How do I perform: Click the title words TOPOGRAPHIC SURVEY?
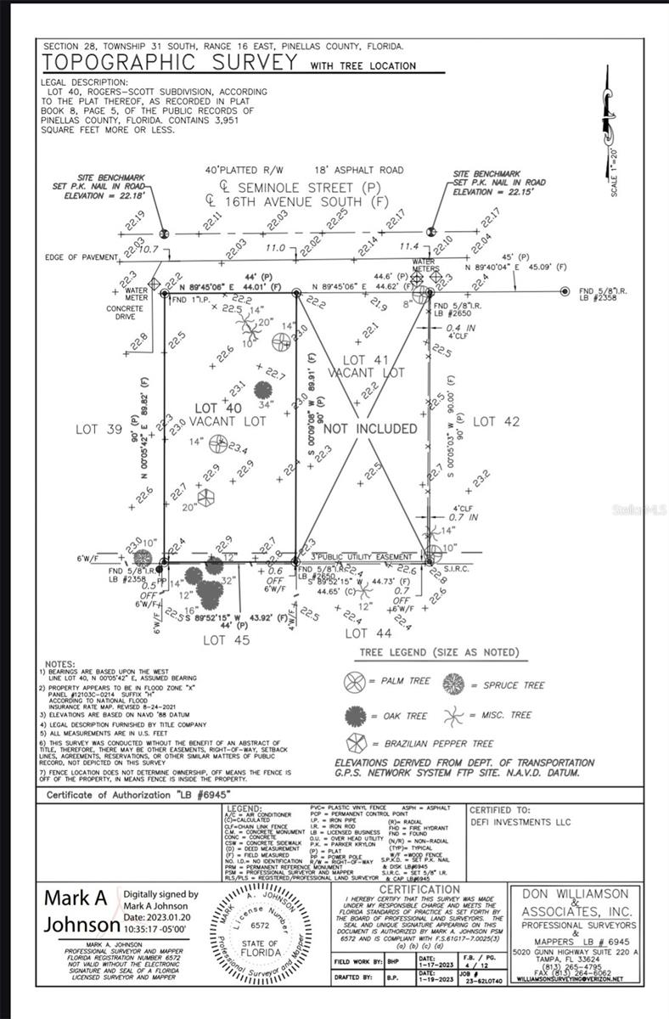(x=170, y=63)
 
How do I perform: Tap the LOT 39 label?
(x=99, y=429)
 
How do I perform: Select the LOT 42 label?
(x=496, y=421)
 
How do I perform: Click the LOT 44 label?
(x=368, y=633)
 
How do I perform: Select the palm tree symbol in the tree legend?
(x=354, y=681)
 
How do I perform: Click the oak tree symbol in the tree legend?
(x=354, y=716)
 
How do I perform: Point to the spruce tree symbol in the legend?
(x=454, y=684)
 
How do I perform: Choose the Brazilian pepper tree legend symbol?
(x=354, y=744)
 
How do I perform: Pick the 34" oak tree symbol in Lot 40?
(x=263, y=391)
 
